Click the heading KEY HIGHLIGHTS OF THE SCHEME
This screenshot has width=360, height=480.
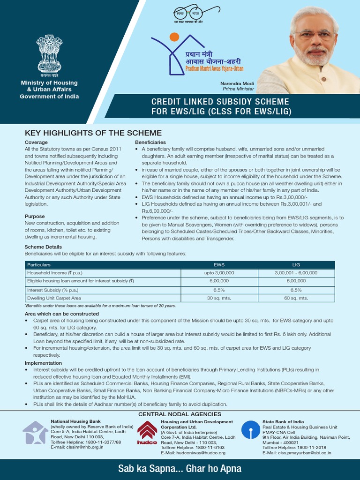tap(93, 133)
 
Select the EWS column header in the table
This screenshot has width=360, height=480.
tap(219, 265)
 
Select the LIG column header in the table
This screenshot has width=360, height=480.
tap(296, 265)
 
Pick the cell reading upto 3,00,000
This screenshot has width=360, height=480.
tap(219, 273)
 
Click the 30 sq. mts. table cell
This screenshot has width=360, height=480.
tap(219, 298)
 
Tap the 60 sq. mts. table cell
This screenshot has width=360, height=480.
tap(296, 298)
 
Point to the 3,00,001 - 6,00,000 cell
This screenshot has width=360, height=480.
tap(296, 273)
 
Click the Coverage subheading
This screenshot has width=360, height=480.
tap(36, 142)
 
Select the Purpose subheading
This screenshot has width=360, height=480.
tap(35, 217)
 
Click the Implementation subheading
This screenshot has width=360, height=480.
tap(43, 363)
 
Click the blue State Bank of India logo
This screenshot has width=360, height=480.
tap(250, 430)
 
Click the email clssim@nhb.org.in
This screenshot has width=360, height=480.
tap(77, 447)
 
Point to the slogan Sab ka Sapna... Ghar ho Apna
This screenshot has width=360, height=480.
tap(180, 469)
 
